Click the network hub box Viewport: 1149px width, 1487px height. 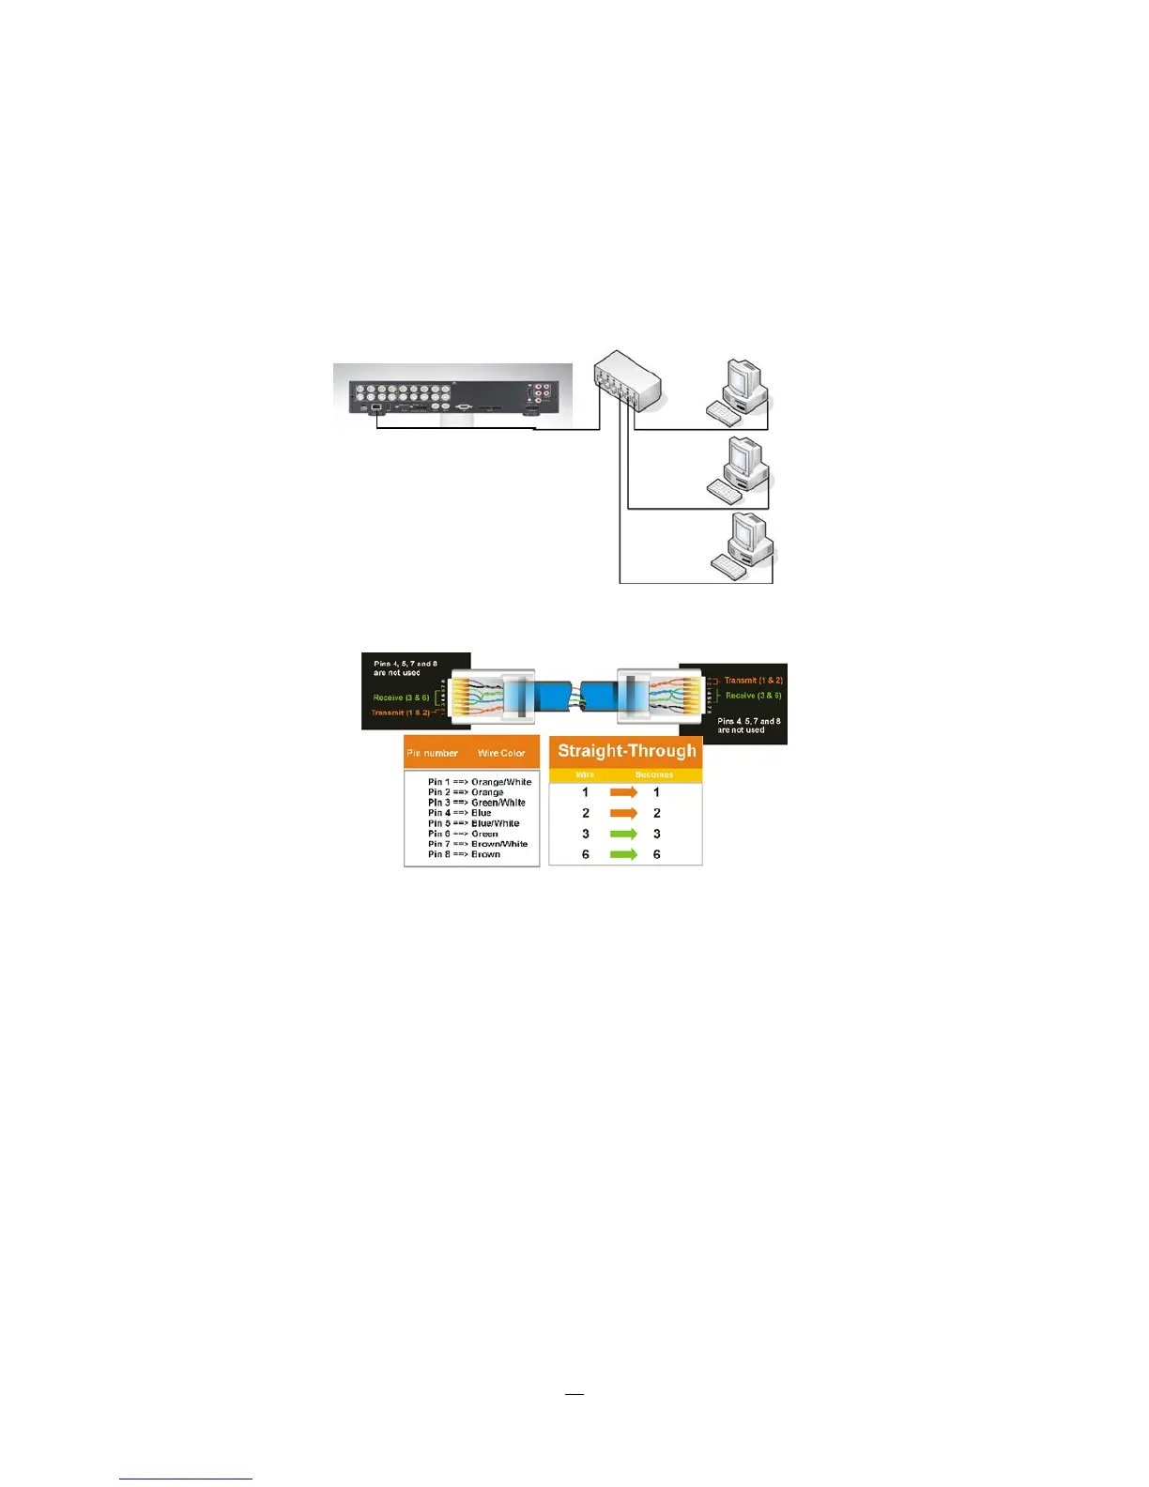click(x=627, y=379)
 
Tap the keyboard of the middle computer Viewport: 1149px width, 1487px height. click(x=724, y=490)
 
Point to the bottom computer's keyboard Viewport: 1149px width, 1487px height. click(x=729, y=565)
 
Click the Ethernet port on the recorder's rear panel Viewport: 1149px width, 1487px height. click(x=376, y=408)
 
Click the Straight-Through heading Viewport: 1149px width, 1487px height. click(x=626, y=751)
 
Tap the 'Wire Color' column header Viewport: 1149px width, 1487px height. click(x=501, y=753)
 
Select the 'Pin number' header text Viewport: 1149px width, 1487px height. click(x=433, y=753)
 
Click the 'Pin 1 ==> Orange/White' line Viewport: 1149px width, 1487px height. click(x=479, y=782)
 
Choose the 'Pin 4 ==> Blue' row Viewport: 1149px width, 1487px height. click(x=459, y=813)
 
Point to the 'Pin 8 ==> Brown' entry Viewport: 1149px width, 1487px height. click(x=464, y=854)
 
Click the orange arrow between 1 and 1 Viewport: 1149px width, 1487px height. click(x=623, y=792)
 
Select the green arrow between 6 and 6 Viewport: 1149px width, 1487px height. click(x=623, y=854)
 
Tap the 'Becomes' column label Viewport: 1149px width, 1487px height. click(x=653, y=774)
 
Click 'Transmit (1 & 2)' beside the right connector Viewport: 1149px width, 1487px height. click(x=753, y=680)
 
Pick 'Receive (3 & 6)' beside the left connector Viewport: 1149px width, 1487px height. click(x=401, y=698)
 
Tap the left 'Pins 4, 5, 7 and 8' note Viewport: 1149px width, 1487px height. click(x=405, y=668)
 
